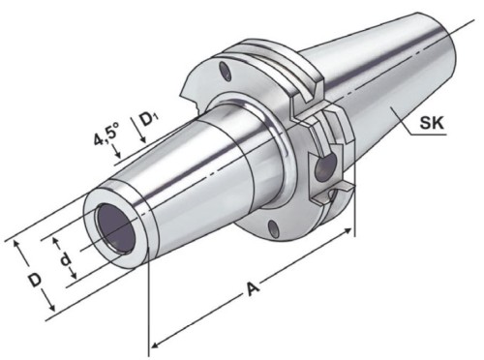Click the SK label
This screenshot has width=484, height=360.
tap(432, 123)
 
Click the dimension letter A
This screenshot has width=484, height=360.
tap(253, 288)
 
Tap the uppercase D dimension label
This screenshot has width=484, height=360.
tap(35, 280)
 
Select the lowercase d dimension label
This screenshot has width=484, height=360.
tap(66, 258)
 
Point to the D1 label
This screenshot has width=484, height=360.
tap(150, 120)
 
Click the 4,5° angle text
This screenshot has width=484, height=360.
tap(106, 135)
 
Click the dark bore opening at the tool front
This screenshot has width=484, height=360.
tap(112, 227)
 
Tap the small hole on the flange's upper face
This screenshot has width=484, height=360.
tap(225, 72)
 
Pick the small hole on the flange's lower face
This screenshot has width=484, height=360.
tap(272, 227)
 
